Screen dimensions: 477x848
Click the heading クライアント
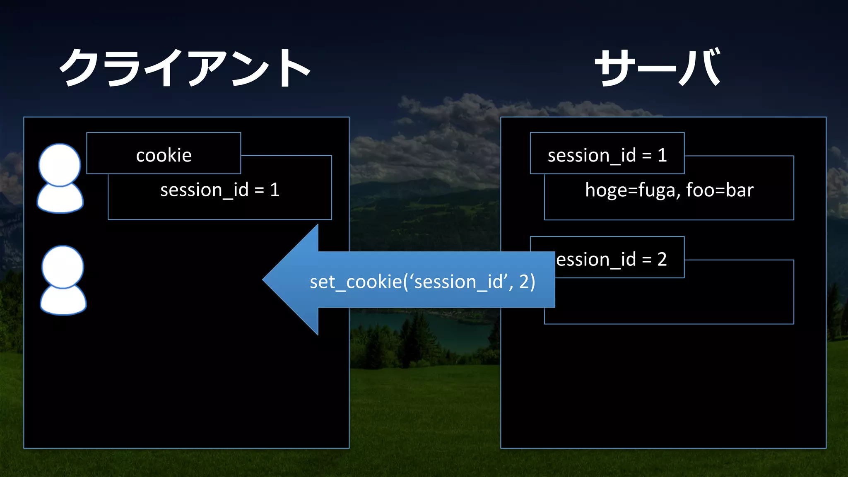tap(185, 67)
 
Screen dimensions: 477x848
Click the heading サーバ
tap(658, 67)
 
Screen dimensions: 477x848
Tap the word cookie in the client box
tap(164, 155)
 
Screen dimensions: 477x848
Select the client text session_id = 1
tap(220, 190)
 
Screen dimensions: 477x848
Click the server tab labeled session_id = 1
tap(607, 155)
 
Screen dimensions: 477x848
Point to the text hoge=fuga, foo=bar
tap(669, 190)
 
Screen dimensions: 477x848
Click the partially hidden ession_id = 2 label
tap(611, 260)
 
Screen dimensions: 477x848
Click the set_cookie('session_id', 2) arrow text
tap(422, 282)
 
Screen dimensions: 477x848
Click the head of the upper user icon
tap(59, 164)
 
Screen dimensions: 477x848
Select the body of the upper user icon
tap(60, 199)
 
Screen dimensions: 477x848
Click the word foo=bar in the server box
tap(720, 190)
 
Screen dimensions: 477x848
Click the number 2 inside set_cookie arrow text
tap(524, 282)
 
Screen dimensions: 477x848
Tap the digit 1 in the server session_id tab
tap(662, 155)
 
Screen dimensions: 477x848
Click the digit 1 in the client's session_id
tap(275, 190)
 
